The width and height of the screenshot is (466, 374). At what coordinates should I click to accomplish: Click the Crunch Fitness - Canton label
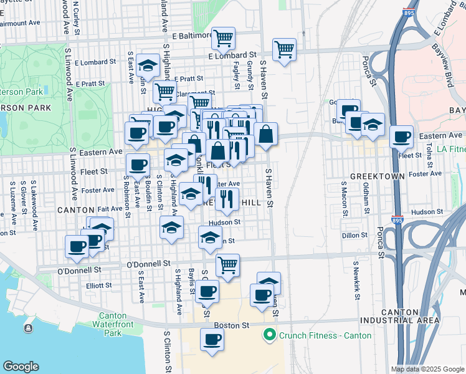point(325,335)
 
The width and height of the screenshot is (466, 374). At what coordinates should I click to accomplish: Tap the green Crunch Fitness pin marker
point(270,335)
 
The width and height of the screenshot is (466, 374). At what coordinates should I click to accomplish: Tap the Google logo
point(21,367)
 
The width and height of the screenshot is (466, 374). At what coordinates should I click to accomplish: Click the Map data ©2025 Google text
point(427,369)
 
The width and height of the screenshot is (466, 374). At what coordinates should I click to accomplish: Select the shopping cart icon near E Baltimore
point(222,39)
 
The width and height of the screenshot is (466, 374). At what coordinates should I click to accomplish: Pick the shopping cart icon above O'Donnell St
point(228,265)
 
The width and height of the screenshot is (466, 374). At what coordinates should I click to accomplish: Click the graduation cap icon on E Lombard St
point(148,65)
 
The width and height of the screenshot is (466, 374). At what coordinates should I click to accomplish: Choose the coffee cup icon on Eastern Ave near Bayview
point(402,137)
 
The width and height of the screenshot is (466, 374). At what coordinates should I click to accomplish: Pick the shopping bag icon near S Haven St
point(266,134)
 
